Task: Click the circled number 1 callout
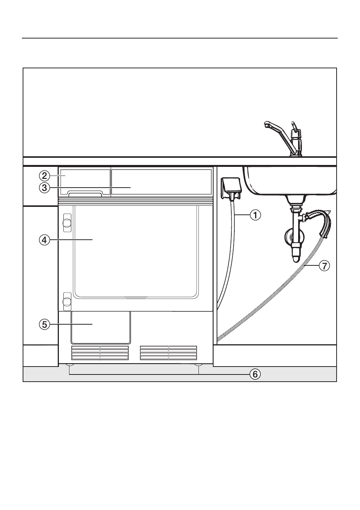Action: click(255, 215)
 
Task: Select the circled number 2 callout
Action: click(45, 176)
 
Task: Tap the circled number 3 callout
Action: click(45, 188)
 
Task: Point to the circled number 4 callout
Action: click(45, 240)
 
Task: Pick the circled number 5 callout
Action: click(45, 324)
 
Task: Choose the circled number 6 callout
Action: click(255, 374)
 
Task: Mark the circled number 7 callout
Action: click(324, 266)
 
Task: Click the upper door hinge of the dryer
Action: click(67, 223)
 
